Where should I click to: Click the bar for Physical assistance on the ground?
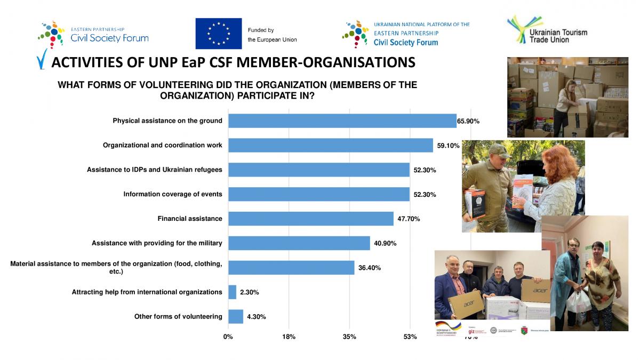(x=342, y=121)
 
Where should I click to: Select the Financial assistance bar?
(x=310, y=219)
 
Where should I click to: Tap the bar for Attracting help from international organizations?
(x=232, y=292)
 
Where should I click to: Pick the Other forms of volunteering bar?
(x=235, y=317)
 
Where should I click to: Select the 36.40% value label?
(x=370, y=268)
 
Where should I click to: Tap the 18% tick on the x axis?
(x=289, y=337)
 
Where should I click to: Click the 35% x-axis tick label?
(x=349, y=337)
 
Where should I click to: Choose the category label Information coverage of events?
(x=173, y=194)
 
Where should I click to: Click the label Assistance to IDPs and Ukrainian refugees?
(x=155, y=170)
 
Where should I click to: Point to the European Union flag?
(x=218, y=33)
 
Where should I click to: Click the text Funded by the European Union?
(x=272, y=35)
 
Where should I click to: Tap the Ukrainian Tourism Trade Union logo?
(x=547, y=30)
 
